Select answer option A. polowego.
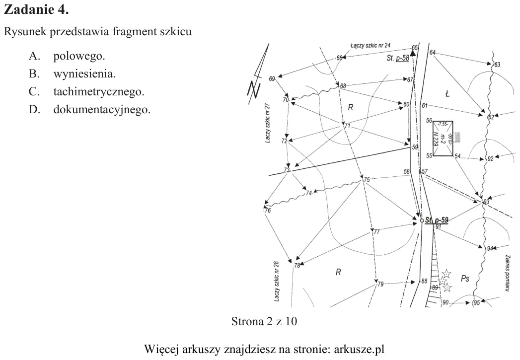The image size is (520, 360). [67, 56]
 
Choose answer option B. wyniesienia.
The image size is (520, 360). [72, 73]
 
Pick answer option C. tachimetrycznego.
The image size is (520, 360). [86, 91]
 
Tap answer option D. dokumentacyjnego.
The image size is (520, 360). [89, 109]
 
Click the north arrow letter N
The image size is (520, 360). [254, 89]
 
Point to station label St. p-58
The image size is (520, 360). [398, 58]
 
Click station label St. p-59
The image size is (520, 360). [437, 220]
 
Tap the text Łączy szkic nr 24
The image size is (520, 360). [371, 45]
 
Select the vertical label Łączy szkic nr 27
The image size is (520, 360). [268, 123]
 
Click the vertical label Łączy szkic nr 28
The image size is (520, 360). [277, 282]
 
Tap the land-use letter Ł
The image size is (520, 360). [447, 94]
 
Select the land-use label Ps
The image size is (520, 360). [465, 279]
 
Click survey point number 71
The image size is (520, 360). [347, 126]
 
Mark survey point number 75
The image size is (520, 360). [367, 180]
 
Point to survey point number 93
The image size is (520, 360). [486, 202]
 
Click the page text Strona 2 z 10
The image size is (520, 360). [264, 321]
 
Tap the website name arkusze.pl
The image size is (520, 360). [359, 349]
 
